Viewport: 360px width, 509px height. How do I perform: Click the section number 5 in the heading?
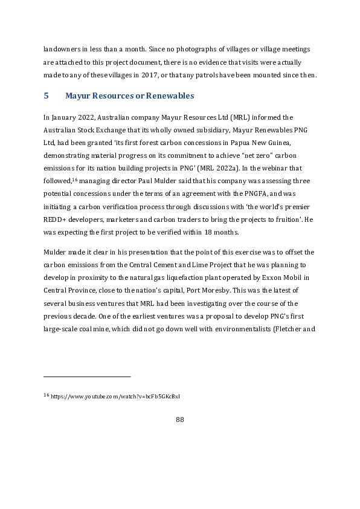pyautogui.click(x=46, y=96)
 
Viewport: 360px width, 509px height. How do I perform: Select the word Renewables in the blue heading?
pyautogui.click(x=166, y=96)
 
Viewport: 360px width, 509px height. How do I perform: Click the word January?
pyautogui.click(x=65, y=117)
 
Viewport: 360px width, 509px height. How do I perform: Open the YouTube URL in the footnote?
pyautogui.click(x=115, y=397)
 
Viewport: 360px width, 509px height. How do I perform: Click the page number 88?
pyautogui.click(x=179, y=420)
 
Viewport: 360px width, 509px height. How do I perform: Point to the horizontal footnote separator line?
pyautogui.click(x=87, y=377)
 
